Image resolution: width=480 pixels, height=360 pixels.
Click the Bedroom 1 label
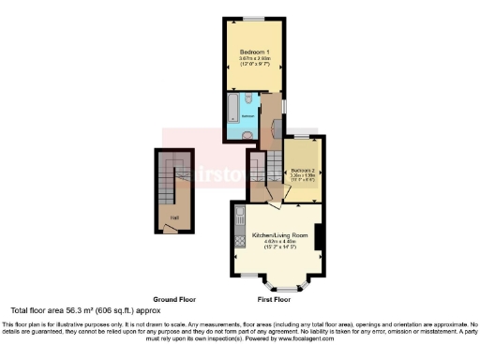254,51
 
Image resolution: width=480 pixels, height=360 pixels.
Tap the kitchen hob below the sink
238,241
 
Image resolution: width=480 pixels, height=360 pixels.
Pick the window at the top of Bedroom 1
254,18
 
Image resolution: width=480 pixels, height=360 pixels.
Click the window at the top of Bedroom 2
303,138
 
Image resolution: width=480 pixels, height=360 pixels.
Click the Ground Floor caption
172,299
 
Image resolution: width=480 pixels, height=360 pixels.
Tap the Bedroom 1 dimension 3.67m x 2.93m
254,58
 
